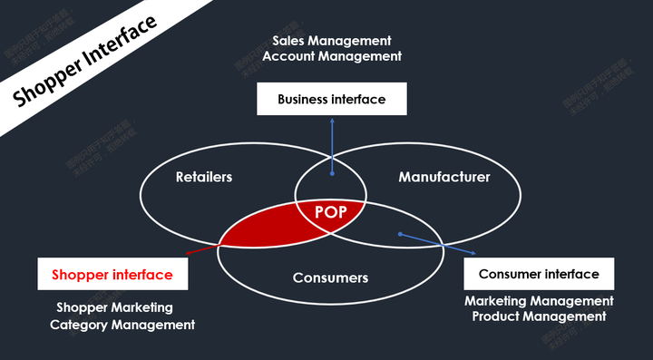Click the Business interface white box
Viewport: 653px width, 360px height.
[x=331, y=100]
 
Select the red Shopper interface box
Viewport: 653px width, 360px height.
[x=112, y=275]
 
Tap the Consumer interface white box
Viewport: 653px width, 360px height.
[x=539, y=274]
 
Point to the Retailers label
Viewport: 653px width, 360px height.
[x=204, y=177]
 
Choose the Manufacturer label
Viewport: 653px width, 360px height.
[x=444, y=177]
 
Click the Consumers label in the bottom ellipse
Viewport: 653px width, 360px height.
[x=330, y=277]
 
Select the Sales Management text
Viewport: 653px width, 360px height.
[x=332, y=41]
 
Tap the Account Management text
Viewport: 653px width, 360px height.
[x=332, y=56]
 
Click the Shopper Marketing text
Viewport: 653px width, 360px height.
[x=114, y=308]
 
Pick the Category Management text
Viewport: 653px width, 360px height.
[x=122, y=325]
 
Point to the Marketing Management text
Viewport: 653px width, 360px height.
[x=539, y=301]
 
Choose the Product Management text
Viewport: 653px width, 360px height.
[x=539, y=316]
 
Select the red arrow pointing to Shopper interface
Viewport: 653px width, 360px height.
[x=201, y=251]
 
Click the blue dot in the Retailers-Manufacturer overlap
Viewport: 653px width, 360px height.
[x=332, y=171]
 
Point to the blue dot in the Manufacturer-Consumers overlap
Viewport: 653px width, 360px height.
[x=401, y=235]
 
